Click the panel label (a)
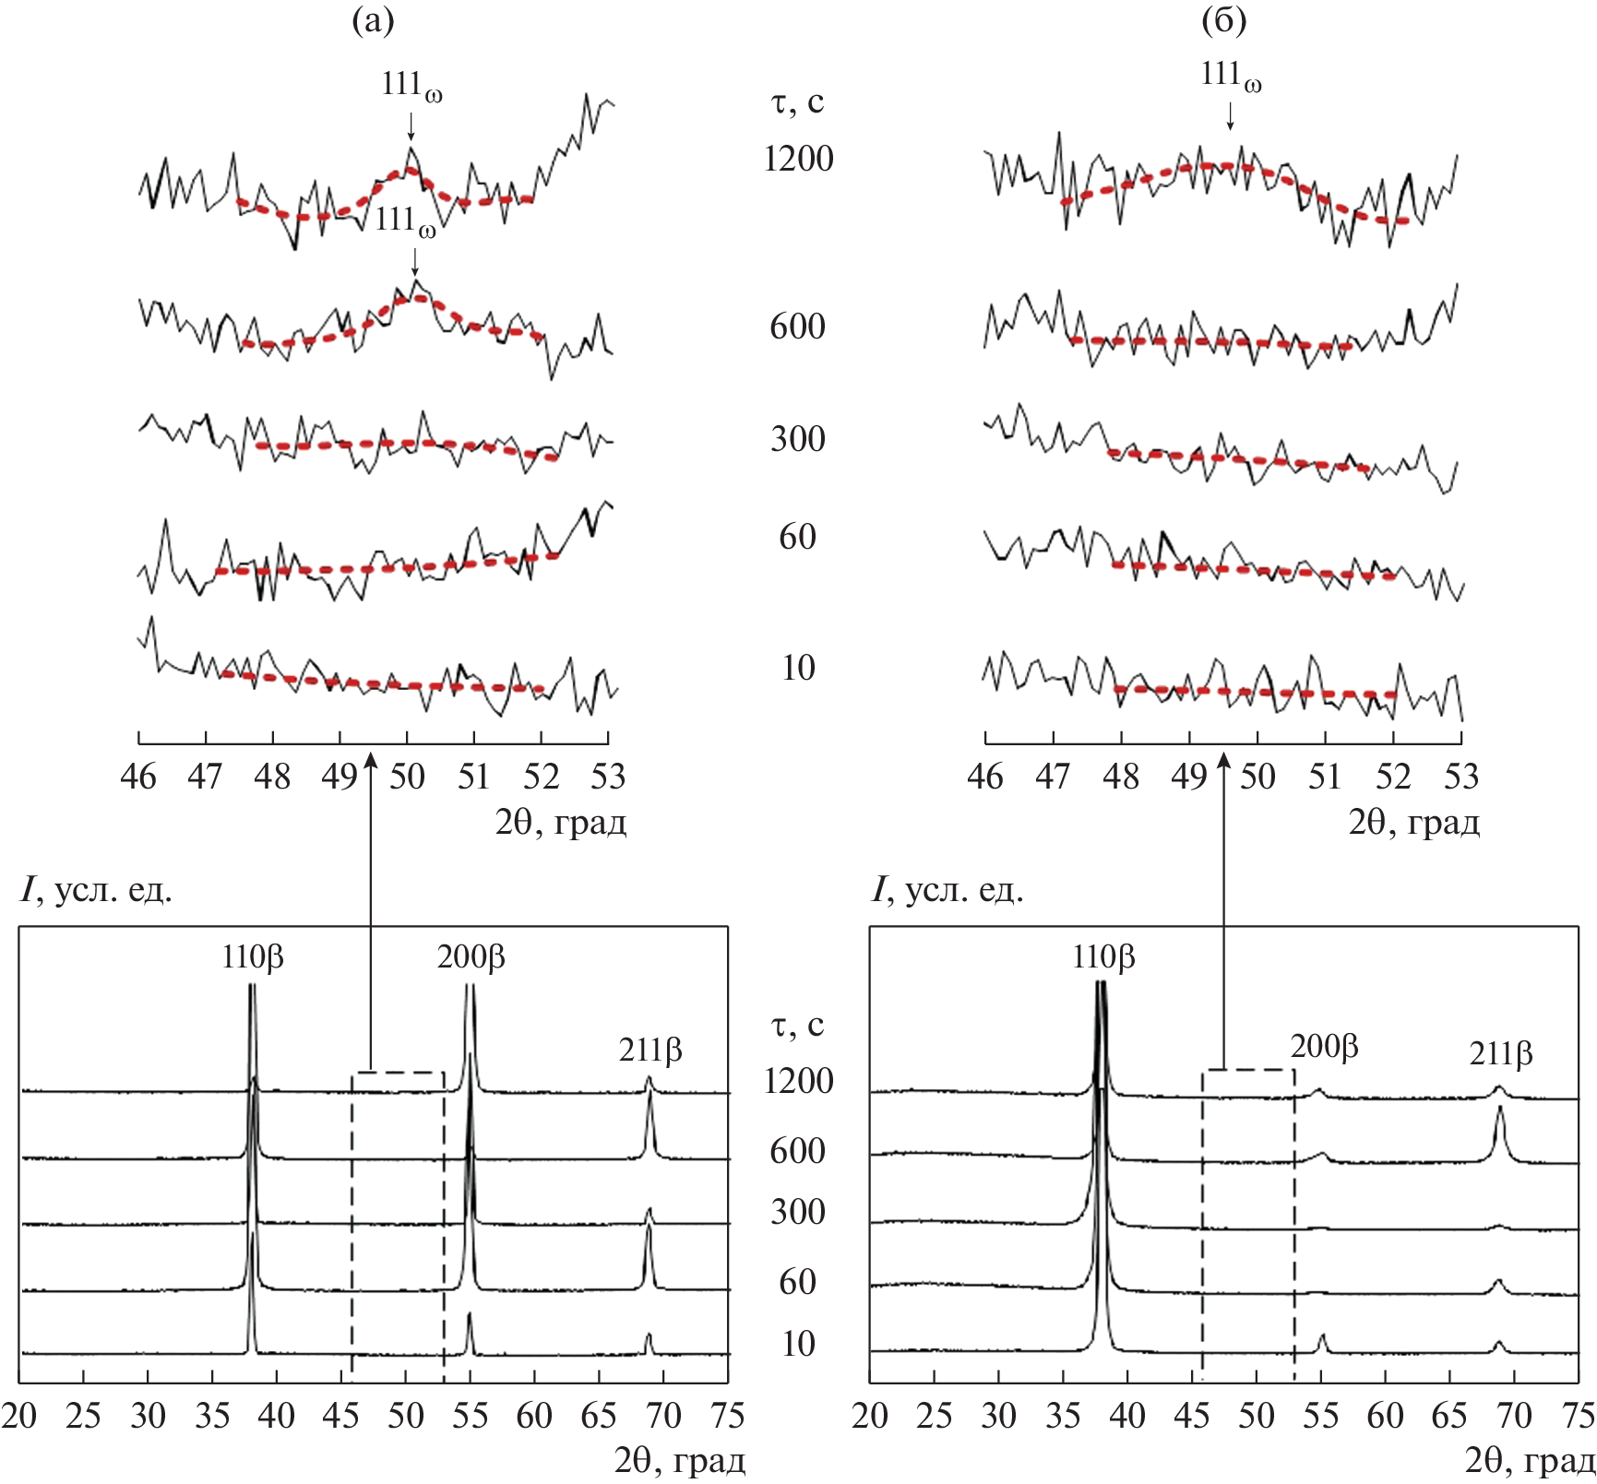click(373, 21)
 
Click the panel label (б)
click(1224, 21)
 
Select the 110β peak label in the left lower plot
click(252, 957)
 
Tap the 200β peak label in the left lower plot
click(471, 957)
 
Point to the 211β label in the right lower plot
click(1500, 1052)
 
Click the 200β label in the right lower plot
click(1324, 1046)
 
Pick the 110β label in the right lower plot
click(1102, 957)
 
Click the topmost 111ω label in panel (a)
click(411, 86)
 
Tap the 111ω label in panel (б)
click(1231, 76)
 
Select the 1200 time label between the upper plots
click(798, 159)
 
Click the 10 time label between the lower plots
click(798, 1344)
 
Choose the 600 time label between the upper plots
click(798, 326)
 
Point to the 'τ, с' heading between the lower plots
click(797, 1025)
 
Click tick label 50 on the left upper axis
click(407, 777)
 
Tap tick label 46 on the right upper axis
click(985, 777)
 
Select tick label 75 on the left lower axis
click(728, 1416)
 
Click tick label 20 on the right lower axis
click(870, 1416)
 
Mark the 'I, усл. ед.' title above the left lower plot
click(96, 890)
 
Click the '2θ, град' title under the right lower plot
click(1530, 1460)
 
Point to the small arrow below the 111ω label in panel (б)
click(1230, 115)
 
